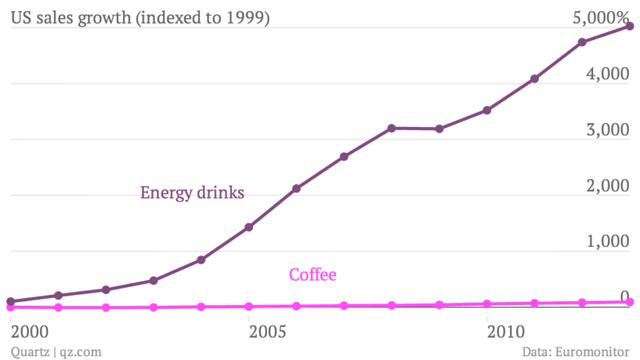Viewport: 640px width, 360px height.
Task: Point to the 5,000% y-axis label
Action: point(600,18)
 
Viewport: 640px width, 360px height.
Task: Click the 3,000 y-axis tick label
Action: point(608,130)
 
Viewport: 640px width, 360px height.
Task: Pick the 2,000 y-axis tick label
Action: point(608,186)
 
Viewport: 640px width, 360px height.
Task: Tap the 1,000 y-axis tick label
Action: point(608,242)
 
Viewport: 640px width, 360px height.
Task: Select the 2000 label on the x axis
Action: point(29,330)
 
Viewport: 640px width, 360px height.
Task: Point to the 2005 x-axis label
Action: point(268,330)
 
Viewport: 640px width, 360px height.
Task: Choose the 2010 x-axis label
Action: point(506,330)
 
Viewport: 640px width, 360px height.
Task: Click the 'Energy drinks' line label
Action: point(192,192)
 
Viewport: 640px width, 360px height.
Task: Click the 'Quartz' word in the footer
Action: point(25,350)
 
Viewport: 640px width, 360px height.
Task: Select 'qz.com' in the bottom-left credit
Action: point(78,350)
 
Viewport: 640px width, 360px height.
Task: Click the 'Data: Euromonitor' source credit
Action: point(577,350)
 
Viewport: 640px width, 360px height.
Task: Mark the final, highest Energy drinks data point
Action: point(629,26)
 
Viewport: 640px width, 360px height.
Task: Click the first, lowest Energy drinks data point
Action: point(10,301)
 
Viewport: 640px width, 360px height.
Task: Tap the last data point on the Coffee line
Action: point(629,302)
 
